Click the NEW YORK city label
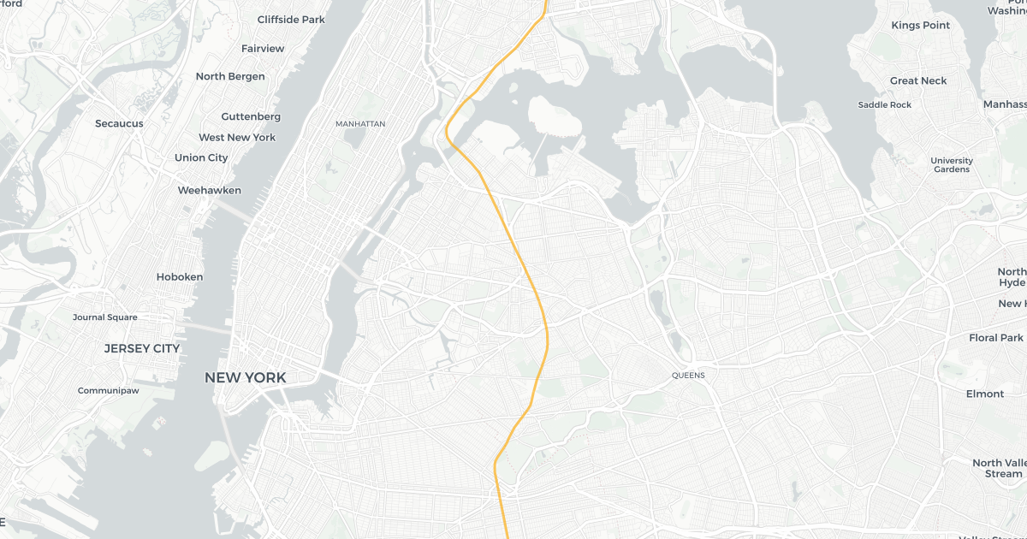[x=245, y=377]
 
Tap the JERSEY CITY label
[x=142, y=348]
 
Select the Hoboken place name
[x=180, y=277]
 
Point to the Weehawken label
[x=210, y=190]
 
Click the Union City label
[x=201, y=157]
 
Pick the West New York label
[x=237, y=137]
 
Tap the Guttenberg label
[x=251, y=116]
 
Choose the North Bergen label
[x=230, y=76]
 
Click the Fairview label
[x=263, y=48]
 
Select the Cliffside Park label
[x=291, y=19]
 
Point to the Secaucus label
[x=119, y=123]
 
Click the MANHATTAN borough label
[x=360, y=124]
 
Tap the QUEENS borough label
[x=688, y=375]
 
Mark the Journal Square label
[x=104, y=317]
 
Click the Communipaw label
[x=108, y=391]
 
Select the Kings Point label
[x=921, y=26]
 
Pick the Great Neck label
[x=918, y=80]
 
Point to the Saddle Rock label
[x=885, y=104]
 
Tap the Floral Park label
[x=996, y=338]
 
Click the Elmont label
[x=985, y=394]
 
